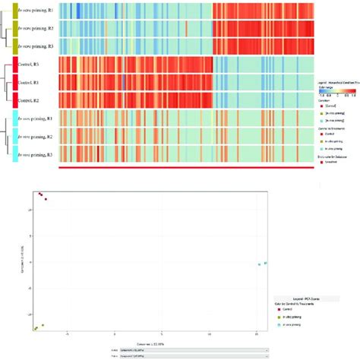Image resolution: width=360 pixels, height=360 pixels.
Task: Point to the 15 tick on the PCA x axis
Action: pyautogui.click(x=257, y=333)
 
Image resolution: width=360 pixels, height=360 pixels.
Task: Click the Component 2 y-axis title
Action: pyautogui.click(x=21, y=258)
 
